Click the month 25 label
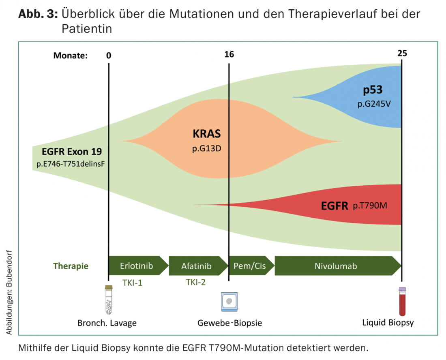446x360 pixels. point(402,53)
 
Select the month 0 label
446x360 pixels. point(109,55)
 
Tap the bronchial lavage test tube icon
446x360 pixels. point(108,300)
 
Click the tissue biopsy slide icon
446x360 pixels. point(229,302)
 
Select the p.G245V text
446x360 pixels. point(373,104)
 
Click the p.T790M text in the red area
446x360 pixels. point(370,206)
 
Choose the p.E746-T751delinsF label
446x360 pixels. point(71,165)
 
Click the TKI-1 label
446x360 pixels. point(132,283)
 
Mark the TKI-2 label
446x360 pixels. point(195,282)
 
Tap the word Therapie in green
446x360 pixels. point(71,266)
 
